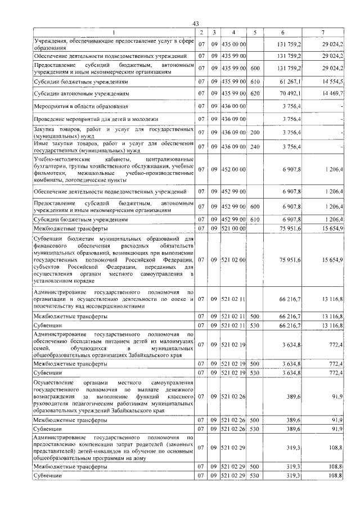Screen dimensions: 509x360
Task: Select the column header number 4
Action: click(233, 32)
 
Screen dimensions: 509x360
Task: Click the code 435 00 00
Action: click(233, 44)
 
